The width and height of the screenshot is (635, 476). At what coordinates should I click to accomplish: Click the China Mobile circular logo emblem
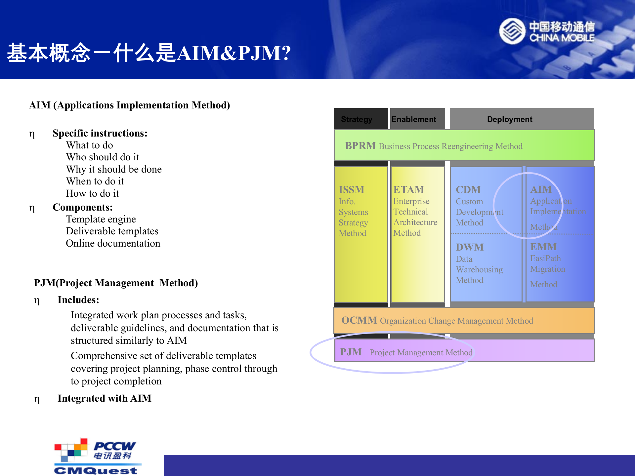(512, 31)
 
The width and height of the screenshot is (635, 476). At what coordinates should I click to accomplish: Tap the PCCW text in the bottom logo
(114, 446)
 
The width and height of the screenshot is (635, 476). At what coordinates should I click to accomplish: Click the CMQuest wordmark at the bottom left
(96, 470)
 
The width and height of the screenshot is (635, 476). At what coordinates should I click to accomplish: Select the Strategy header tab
(357, 119)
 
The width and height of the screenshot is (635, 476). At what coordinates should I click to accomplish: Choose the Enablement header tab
(414, 119)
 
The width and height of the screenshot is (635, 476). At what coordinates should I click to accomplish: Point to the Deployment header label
(509, 119)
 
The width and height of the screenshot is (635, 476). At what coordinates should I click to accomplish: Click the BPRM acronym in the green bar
(360, 146)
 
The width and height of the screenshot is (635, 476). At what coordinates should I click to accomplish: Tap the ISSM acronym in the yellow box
(351, 189)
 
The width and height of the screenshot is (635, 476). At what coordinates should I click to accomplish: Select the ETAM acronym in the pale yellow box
(408, 189)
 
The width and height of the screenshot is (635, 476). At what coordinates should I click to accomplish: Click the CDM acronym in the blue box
(468, 189)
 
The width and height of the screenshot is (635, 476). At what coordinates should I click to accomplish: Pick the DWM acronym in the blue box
(469, 247)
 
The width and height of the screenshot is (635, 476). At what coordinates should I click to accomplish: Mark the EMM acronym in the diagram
(543, 247)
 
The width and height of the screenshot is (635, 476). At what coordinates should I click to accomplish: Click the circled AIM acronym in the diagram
(541, 189)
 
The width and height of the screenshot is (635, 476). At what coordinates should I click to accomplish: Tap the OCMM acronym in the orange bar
(359, 320)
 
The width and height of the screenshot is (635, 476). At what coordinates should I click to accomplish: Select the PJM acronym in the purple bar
(351, 352)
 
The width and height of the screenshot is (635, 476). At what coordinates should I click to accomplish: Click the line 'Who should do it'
(103, 157)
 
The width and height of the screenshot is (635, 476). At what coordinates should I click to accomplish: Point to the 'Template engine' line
(101, 219)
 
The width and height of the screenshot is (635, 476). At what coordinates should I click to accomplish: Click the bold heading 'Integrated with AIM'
(104, 398)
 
